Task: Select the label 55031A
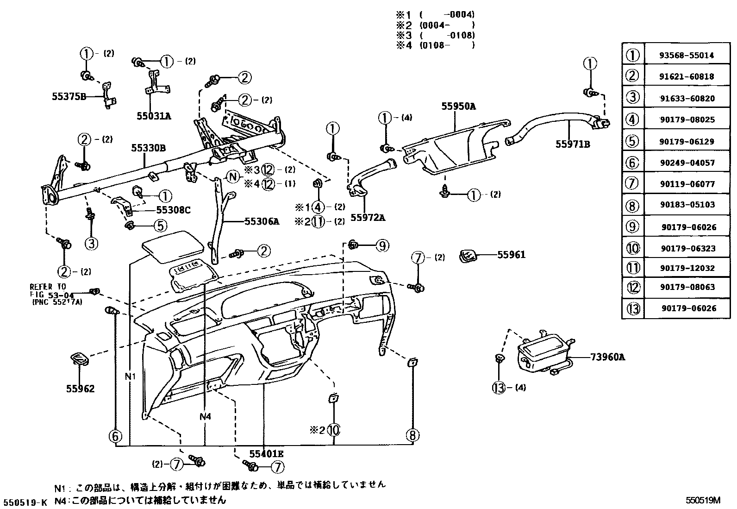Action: [154, 116]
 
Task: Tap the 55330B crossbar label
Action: [148, 148]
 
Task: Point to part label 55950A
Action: [458, 106]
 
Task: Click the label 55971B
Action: [573, 144]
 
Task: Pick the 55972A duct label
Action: [368, 217]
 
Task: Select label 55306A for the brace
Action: [262, 222]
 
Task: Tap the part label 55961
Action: [512, 255]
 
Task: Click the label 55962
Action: [80, 389]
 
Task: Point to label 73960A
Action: [607, 357]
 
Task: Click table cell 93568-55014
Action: [687, 55]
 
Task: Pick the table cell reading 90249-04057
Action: [687, 163]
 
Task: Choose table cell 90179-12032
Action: [687, 268]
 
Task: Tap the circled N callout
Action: [233, 176]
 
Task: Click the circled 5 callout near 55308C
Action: [159, 226]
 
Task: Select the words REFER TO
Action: [48, 287]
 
